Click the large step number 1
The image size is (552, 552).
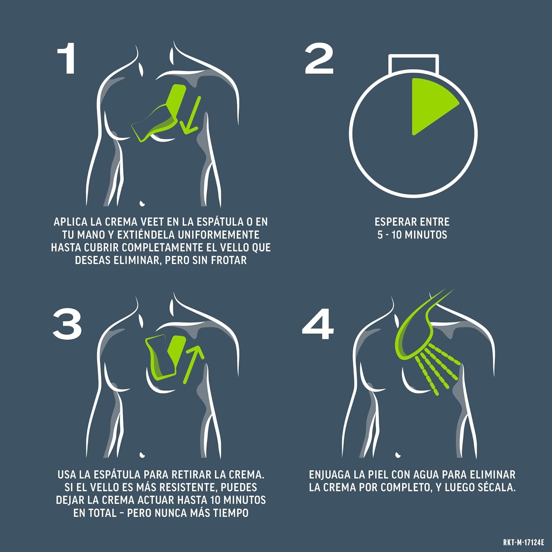(x=67, y=59)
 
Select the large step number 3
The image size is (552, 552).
(x=67, y=324)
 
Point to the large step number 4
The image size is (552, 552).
(x=318, y=324)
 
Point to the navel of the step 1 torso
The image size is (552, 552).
(x=142, y=203)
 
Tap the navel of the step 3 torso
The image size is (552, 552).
(x=142, y=455)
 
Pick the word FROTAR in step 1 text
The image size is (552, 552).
(x=229, y=260)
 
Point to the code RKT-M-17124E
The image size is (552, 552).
(x=523, y=543)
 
